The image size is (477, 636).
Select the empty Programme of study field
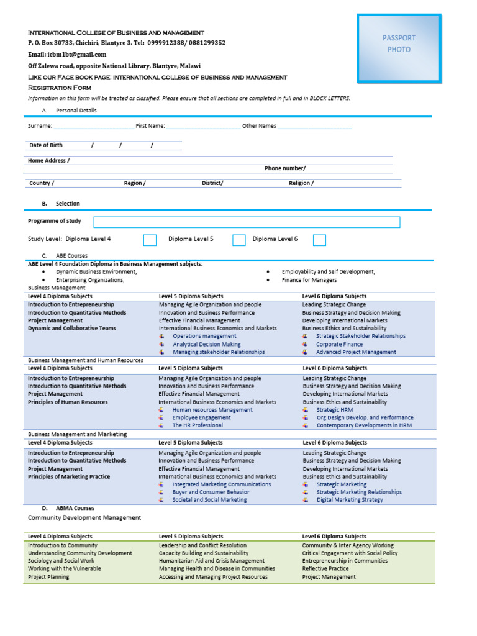(x=247, y=222)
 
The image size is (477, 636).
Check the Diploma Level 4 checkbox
(x=150, y=240)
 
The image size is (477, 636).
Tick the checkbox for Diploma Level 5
(x=238, y=240)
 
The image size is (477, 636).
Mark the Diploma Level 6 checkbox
(x=319, y=240)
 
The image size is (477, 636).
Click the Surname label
(x=40, y=126)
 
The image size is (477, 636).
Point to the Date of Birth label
(x=46, y=145)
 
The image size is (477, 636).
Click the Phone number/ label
(x=284, y=168)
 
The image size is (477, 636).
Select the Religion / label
(x=301, y=183)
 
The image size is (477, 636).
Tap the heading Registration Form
(x=60, y=88)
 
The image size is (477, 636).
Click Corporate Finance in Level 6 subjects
(x=339, y=344)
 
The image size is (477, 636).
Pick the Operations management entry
(x=204, y=336)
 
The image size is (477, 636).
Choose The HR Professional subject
(x=198, y=425)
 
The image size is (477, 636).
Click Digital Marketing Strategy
(x=350, y=500)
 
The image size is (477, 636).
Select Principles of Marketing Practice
(x=69, y=477)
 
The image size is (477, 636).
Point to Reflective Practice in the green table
(x=325, y=568)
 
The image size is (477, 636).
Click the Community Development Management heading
(x=84, y=517)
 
